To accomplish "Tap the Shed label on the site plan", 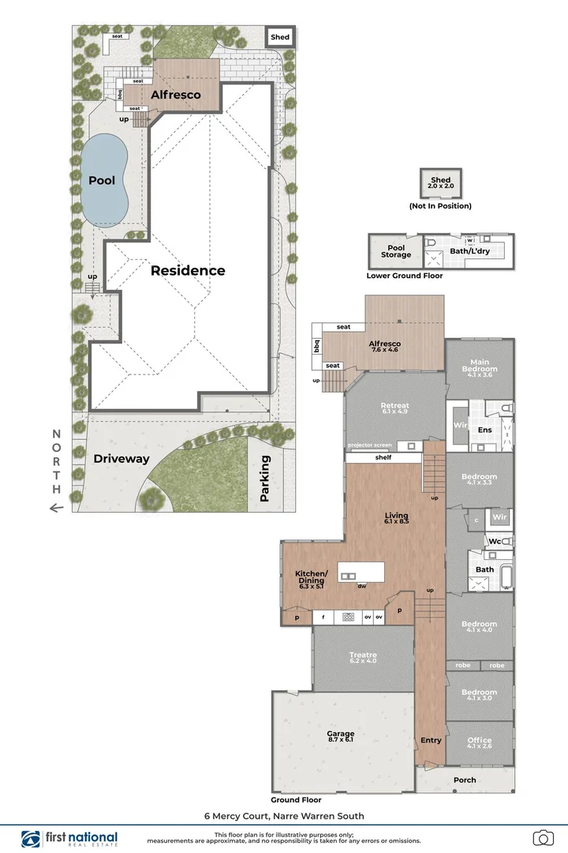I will [x=280, y=37].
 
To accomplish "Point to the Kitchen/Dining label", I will [x=310, y=580].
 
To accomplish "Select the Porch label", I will [x=465, y=780].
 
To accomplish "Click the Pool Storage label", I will [x=396, y=251].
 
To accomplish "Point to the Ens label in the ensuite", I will [x=485, y=429].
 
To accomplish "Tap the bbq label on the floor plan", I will [x=317, y=346].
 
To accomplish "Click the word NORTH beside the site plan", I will [x=56, y=461].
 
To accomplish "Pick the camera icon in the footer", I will [x=542, y=837].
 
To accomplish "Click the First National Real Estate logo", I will [x=69, y=839].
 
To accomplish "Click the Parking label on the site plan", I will [x=265, y=479].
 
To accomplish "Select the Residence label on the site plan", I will [x=188, y=270].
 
